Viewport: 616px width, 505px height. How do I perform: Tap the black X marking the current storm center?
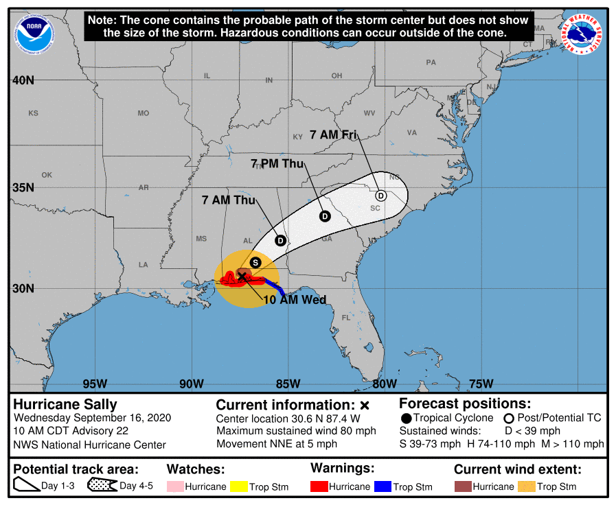[242, 276]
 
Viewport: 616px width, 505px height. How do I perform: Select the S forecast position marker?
[255, 262]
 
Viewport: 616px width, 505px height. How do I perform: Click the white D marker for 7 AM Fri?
[381, 196]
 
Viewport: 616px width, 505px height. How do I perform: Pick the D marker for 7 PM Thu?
[325, 216]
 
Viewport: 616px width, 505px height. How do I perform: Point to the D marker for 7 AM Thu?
[280, 240]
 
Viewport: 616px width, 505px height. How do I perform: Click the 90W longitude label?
[191, 383]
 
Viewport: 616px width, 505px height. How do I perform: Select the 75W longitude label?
[481, 383]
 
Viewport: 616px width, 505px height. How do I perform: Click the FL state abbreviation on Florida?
[346, 318]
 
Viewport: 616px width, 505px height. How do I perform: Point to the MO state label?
[143, 113]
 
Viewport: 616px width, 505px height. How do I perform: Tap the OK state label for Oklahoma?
[47, 175]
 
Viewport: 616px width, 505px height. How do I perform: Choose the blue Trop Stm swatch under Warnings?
[383, 486]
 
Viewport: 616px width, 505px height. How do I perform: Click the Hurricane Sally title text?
[65, 404]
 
